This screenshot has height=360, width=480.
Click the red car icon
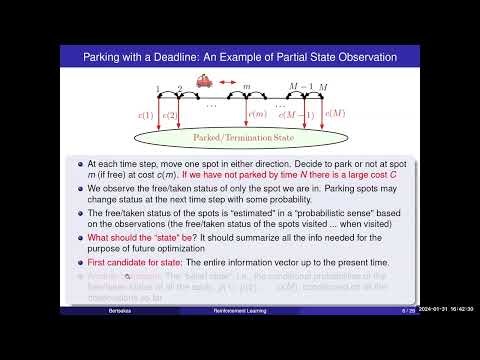coord(206,81)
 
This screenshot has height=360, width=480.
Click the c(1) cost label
coord(145,114)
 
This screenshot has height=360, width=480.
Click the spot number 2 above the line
coord(180,90)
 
